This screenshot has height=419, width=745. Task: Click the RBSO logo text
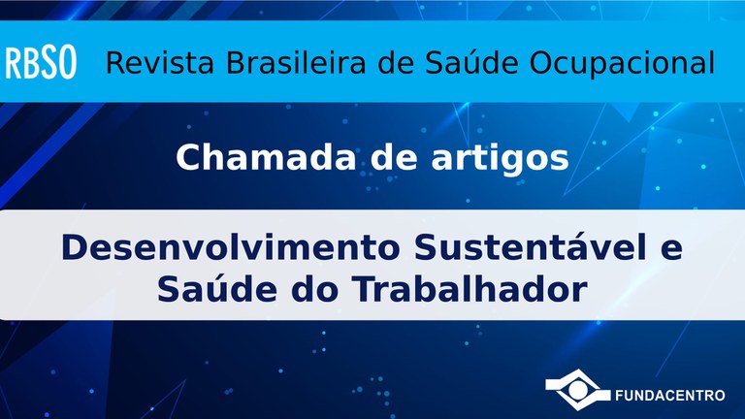pyautogui.click(x=44, y=65)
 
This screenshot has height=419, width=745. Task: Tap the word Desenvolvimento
pyautogui.click(x=232, y=247)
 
